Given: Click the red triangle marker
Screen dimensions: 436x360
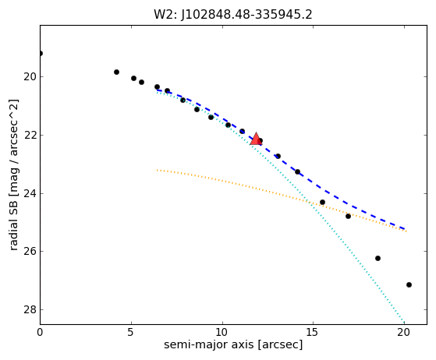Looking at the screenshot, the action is pyautogui.click(x=256, y=139).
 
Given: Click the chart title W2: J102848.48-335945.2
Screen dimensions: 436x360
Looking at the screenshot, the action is pyautogui.click(x=233, y=14).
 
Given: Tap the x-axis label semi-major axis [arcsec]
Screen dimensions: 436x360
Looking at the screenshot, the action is pyautogui.click(x=233, y=344).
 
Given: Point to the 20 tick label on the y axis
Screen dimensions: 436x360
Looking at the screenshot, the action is pyautogui.click(x=30, y=76).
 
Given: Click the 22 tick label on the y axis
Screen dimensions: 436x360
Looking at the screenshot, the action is pyautogui.click(x=30, y=135).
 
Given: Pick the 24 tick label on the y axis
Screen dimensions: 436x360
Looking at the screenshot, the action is pyautogui.click(x=30, y=193).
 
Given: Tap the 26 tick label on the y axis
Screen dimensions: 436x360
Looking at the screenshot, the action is pyautogui.click(x=30, y=252).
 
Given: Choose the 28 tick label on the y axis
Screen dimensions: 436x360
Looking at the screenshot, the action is pyautogui.click(x=30, y=309).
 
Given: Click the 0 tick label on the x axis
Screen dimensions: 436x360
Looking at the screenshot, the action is pyautogui.click(x=40, y=332).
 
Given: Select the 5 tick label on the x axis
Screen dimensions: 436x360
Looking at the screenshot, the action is pyautogui.click(x=131, y=332).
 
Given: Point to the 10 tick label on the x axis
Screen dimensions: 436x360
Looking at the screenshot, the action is pyautogui.click(x=222, y=332).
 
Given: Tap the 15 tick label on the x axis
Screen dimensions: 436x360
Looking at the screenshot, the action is pyautogui.click(x=313, y=332).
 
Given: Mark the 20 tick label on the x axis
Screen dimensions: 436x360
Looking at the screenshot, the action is pyautogui.click(x=404, y=332).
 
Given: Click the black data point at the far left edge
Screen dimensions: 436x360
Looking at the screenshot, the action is pyautogui.click(x=41, y=53).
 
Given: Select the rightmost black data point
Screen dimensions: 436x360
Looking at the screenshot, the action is pyautogui.click(x=409, y=284).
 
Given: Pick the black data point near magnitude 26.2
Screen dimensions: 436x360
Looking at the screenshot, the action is pyautogui.click(x=378, y=259).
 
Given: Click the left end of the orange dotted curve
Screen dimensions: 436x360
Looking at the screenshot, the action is pyautogui.click(x=157, y=170).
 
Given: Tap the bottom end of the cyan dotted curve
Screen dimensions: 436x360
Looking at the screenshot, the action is pyautogui.click(x=404, y=323).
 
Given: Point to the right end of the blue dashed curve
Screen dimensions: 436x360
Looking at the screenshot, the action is pyautogui.click(x=405, y=228).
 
